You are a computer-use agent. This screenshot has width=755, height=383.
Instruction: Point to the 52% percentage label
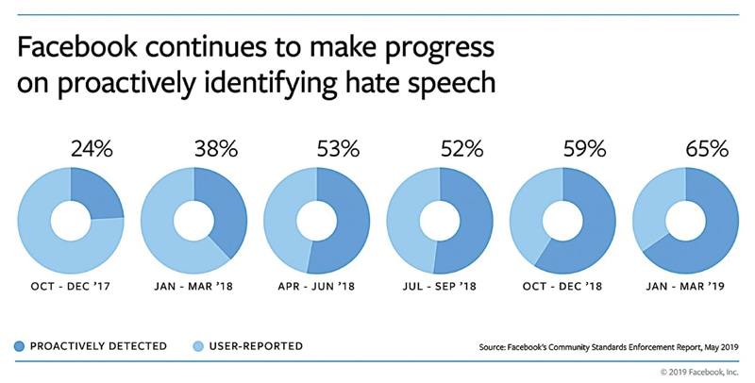(462, 150)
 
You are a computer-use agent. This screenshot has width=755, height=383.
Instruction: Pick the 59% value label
(585, 150)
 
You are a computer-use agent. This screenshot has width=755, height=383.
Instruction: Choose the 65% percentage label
(707, 150)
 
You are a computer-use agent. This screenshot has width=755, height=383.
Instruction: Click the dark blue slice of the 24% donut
(97, 196)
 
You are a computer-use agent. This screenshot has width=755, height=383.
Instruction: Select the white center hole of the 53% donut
(316, 223)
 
